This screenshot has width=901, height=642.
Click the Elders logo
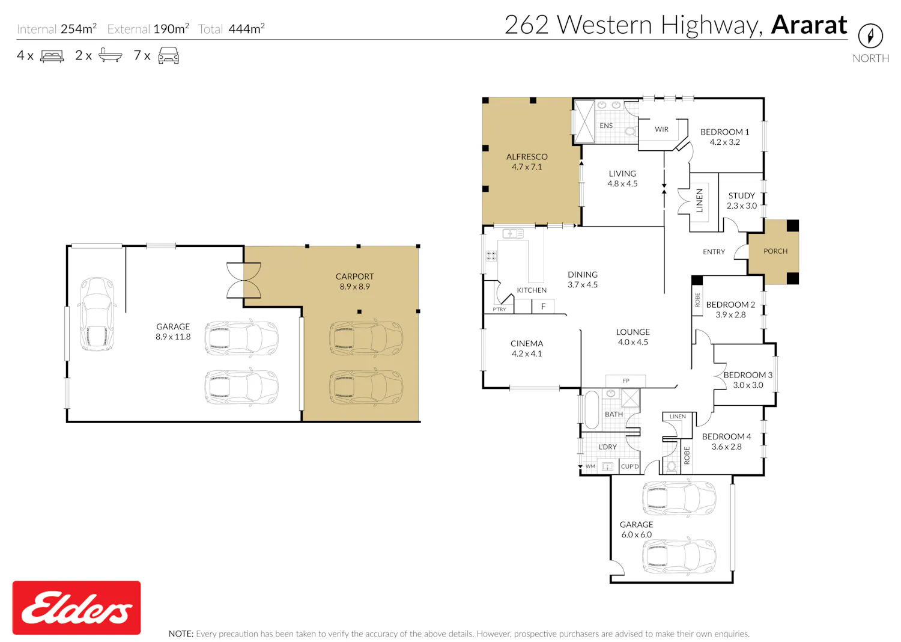click(76, 607)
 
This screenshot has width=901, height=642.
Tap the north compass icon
click(870, 36)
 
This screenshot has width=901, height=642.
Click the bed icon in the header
click(52, 55)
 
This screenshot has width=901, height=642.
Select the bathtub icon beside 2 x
click(110, 55)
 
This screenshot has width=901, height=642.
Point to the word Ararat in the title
click(809, 25)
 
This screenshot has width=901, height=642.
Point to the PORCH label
click(775, 251)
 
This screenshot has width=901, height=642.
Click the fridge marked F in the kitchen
click(543, 307)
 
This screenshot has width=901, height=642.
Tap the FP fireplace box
click(626, 381)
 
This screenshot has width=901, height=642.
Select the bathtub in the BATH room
click(592, 410)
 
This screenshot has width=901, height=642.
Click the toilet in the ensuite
click(630, 131)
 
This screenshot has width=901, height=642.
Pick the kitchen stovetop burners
click(491, 255)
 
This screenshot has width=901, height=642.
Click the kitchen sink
click(513, 233)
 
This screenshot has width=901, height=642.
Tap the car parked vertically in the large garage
click(97, 314)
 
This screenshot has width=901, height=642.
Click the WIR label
click(662, 129)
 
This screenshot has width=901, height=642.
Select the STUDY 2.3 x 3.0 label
click(742, 200)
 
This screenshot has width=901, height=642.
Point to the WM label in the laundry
click(590, 466)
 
